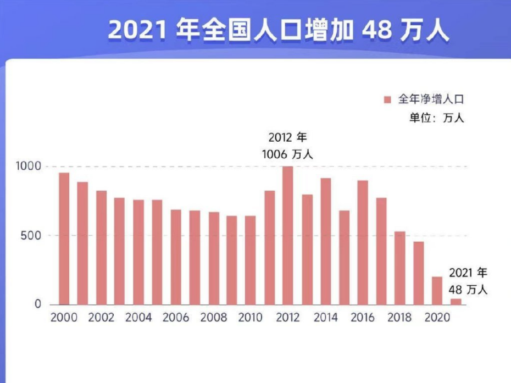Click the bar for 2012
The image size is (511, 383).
click(288, 235)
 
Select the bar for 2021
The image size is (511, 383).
click(456, 302)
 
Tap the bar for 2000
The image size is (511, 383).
click(64, 238)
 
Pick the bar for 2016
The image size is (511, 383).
click(363, 242)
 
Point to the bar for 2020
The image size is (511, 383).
click(437, 291)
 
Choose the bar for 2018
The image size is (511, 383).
click(400, 268)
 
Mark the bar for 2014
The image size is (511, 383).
click(326, 241)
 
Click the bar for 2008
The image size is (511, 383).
click(214, 258)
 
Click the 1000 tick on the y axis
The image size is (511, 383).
click(29, 166)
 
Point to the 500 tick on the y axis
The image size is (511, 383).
click(31, 235)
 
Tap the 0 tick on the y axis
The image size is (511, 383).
click(38, 304)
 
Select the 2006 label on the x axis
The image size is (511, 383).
click(176, 318)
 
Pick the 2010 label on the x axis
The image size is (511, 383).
click(251, 318)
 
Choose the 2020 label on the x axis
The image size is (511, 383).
click(437, 318)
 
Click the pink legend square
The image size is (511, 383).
click(387, 100)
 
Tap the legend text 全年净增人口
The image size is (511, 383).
click(431, 99)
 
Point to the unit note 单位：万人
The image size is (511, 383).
click(437, 118)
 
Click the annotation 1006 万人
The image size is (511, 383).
click(287, 154)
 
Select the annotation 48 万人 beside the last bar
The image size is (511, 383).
click(468, 290)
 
